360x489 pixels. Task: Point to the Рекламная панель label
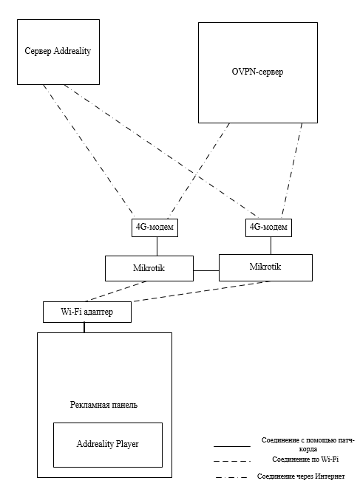click(103, 405)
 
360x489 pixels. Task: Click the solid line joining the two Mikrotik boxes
click(206, 270)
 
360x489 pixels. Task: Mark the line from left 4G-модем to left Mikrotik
click(157, 247)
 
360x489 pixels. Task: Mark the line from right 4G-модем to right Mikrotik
click(271, 246)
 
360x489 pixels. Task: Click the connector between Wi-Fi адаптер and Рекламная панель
click(84, 327)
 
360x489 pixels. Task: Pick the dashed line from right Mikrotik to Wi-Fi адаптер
click(202, 291)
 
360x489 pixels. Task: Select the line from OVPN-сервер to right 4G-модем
click(292, 171)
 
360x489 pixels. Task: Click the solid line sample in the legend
click(232, 446)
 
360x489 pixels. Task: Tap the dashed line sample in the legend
click(232, 461)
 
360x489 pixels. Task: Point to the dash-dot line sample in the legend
click(231, 477)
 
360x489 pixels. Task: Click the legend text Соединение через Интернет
click(301, 476)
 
